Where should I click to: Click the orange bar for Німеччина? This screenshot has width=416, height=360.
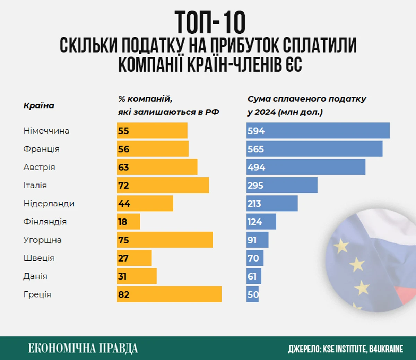[152, 131]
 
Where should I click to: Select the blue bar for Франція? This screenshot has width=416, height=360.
[314, 149]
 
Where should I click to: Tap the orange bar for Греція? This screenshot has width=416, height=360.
[169, 294]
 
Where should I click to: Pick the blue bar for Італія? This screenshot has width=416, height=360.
[282, 185]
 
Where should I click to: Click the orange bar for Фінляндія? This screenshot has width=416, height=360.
[129, 222]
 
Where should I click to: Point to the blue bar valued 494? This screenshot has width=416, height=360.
[306, 167]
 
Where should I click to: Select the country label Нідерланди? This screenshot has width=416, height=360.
[49, 204]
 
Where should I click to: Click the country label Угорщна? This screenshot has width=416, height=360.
[42, 240]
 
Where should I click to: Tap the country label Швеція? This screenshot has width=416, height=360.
[39, 258]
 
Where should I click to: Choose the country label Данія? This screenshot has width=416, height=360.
[35, 276]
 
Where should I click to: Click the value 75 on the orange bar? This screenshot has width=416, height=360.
[123, 240]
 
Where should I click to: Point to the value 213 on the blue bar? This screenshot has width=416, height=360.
[254, 204]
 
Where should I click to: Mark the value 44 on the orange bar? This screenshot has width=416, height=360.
[124, 204]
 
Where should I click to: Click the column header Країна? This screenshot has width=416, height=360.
[39, 105]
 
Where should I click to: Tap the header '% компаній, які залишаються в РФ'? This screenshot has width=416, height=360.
[168, 105]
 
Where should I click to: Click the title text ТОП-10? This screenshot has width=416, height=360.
[210, 22]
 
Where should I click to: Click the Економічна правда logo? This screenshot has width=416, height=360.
[83, 348]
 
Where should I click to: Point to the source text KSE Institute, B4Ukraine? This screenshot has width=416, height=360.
[346, 349]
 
